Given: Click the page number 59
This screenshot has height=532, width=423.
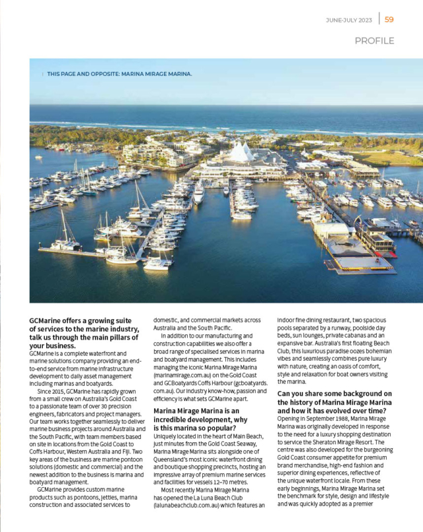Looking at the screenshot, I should [x=389, y=19].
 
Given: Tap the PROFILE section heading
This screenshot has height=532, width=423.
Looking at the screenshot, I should [x=374, y=41].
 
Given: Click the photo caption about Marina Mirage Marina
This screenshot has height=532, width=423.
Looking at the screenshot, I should [x=119, y=74].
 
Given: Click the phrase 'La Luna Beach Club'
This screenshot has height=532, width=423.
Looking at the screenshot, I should [x=220, y=497].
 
